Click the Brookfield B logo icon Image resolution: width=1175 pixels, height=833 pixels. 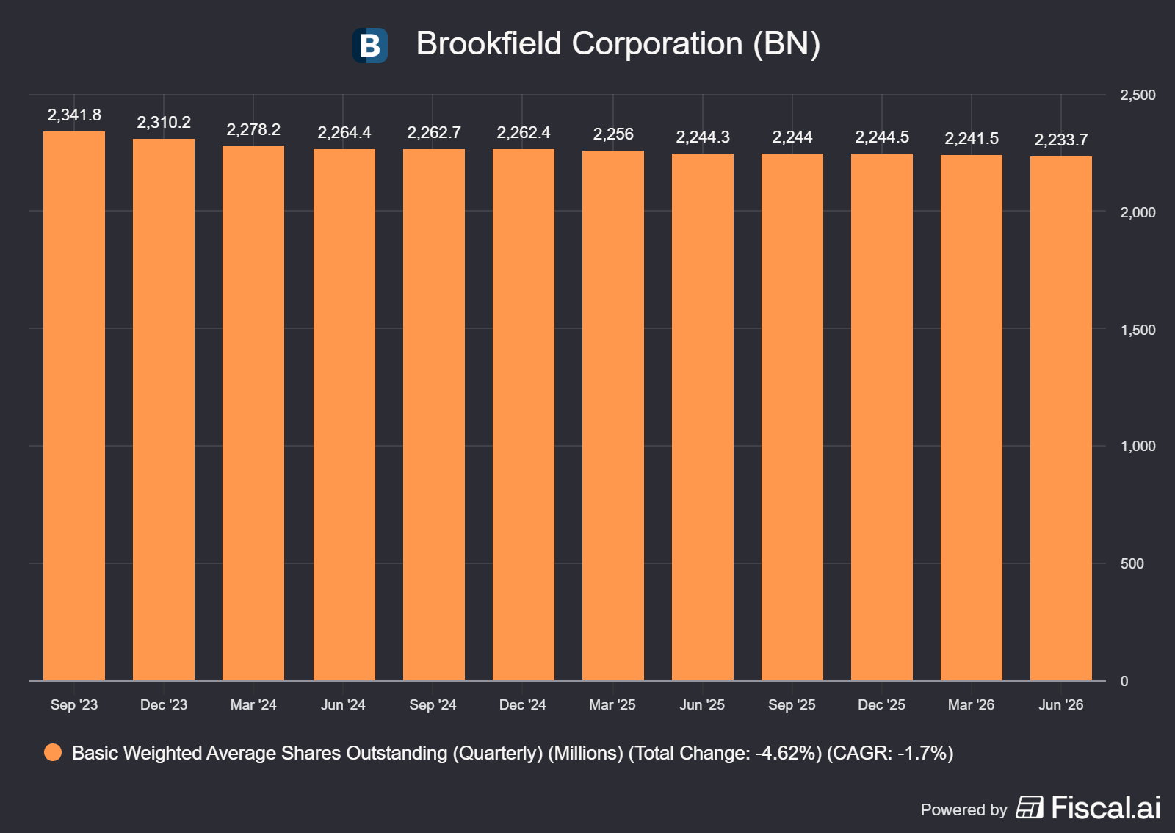pos(370,46)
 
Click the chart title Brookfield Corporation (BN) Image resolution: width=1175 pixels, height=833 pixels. pos(618,43)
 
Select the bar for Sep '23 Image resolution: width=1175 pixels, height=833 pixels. pos(74,406)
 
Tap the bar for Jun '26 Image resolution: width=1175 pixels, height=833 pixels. pos(1060,419)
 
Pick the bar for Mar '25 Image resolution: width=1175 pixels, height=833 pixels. pos(612,416)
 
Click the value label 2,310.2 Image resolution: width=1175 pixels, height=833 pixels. pos(164,122)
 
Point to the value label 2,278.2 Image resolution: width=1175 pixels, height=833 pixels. pos(253,129)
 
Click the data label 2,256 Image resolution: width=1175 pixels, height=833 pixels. pos(613,134)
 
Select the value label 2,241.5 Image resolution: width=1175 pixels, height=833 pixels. pos(972,139)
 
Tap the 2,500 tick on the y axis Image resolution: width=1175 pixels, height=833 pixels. pos(1138,95)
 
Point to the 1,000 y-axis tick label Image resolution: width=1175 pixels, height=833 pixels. pos(1138,446)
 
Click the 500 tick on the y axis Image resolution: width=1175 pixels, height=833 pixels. pos(1132,563)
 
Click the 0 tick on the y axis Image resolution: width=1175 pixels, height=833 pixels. pos(1124,681)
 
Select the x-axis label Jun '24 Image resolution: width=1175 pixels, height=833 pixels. pos(343,704)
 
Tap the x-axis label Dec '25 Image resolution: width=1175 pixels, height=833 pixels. pos(882,704)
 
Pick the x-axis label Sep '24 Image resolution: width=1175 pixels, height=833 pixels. pos(433,704)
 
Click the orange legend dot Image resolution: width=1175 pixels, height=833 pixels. pos(53,752)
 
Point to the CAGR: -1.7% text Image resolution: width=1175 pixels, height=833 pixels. pos(890,753)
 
